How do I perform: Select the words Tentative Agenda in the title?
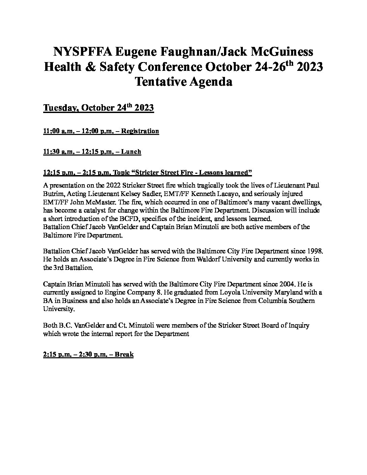183,82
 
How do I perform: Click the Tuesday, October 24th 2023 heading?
98,108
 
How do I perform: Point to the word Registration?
140,131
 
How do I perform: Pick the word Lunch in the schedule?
131,151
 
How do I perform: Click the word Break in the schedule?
124,354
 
